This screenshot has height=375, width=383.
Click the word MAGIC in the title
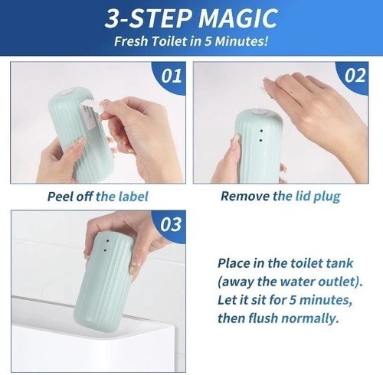238,18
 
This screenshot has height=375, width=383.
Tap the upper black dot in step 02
261,131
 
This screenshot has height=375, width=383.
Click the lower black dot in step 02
260,140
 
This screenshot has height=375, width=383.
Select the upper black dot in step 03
107,241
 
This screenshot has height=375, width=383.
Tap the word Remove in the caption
245,196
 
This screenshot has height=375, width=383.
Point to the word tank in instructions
339,263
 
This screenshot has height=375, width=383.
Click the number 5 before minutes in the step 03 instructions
293,300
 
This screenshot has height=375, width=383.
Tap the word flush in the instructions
263,318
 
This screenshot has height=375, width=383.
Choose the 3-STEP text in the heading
149,18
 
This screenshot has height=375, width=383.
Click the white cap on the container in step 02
260,112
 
